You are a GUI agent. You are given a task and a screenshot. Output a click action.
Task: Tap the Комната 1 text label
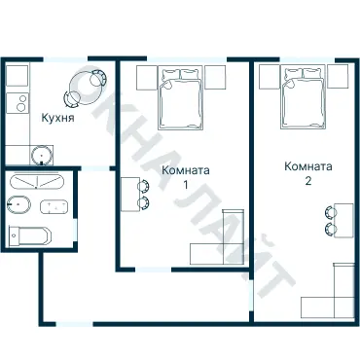pyautogui.click(x=184, y=177)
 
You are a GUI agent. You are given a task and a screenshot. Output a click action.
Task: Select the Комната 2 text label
pyautogui.click(x=308, y=172)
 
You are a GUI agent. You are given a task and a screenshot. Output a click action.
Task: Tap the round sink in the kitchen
pyautogui.click(x=42, y=154)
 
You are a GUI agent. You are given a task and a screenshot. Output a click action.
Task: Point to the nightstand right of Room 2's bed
pyautogui.click(x=338, y=76)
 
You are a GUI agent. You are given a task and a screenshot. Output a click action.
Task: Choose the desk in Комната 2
pyautogui.click(x=344, y=221)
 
